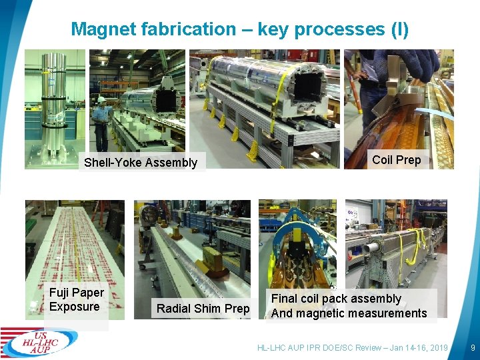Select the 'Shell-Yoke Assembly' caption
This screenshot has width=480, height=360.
(141, 163)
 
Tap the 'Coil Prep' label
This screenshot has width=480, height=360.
(397, 159)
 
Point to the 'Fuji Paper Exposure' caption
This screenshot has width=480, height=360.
(77, 300)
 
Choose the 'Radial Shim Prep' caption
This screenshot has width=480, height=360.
(203, 308)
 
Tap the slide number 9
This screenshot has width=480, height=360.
(472, 347)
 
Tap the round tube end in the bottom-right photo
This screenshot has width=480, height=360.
(369, 249)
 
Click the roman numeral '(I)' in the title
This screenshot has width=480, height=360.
(399, 29)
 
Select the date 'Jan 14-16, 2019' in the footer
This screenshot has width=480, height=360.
(417, 348)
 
